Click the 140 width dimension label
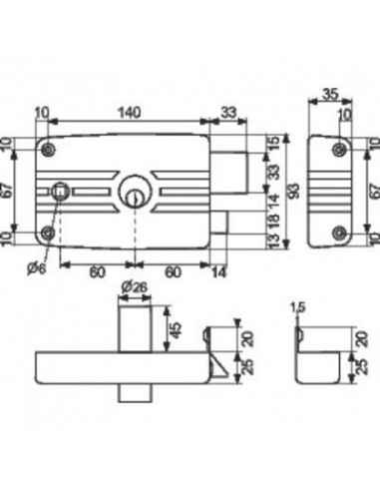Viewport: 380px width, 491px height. [129, 113]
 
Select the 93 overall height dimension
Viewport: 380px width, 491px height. [294, 191]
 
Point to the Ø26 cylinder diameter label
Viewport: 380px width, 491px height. [134, 287]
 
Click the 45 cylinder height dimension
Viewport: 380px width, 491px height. [178, 329]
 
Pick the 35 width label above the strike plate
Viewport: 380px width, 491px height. [330, 94]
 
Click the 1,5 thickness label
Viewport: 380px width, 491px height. [297, 307]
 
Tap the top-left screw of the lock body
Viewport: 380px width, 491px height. [49, 150]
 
